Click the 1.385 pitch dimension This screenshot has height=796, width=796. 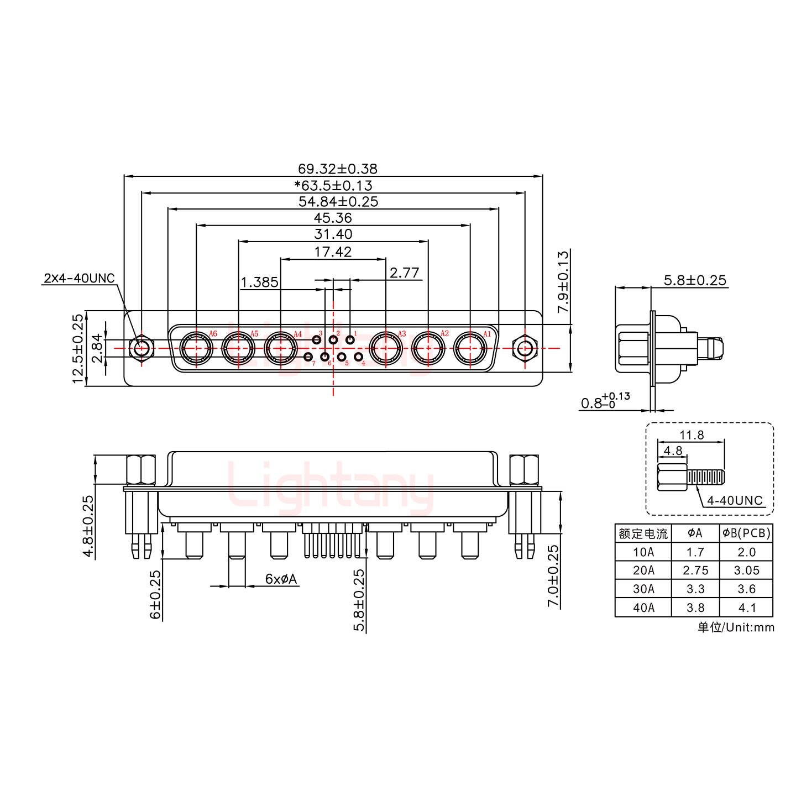[x=259, y=282]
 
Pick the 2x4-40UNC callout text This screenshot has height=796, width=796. [x=79, y=278]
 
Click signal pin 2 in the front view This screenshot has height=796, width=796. [x=333, y=339]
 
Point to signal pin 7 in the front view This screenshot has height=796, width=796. [x=308, y=357]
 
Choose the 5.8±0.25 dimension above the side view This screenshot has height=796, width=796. [x=695, y=280]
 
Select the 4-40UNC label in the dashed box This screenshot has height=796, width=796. [x=735, y=501]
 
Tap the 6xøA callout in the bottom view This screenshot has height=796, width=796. [x=281, y=579]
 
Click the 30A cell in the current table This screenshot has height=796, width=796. [x=643, y=589]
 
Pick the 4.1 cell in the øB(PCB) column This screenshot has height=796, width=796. [x=747, y=608]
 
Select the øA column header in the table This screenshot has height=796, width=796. [x=695, y=533]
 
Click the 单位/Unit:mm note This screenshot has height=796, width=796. [x=736, y=627]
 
